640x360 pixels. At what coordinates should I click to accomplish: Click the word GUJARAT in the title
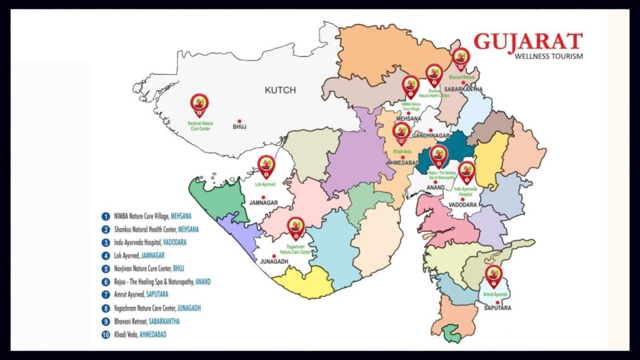527,42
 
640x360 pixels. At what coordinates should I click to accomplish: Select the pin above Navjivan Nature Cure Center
199,104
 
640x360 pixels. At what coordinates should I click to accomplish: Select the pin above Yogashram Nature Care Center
295,227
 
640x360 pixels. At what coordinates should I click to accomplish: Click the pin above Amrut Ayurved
494,275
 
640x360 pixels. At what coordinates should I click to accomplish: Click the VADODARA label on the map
464,204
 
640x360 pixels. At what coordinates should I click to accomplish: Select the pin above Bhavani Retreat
461,59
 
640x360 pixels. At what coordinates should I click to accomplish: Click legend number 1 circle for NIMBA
106,216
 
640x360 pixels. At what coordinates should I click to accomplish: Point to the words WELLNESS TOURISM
548,56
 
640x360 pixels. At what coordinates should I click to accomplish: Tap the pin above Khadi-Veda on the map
400,132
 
